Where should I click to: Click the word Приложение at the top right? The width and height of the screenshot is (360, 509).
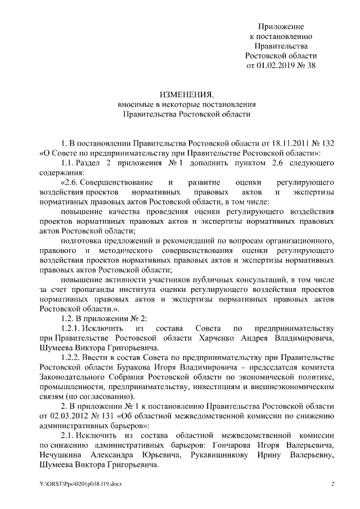(x=281, y=26)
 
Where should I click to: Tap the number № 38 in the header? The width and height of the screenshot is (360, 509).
(x=307, y=65)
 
